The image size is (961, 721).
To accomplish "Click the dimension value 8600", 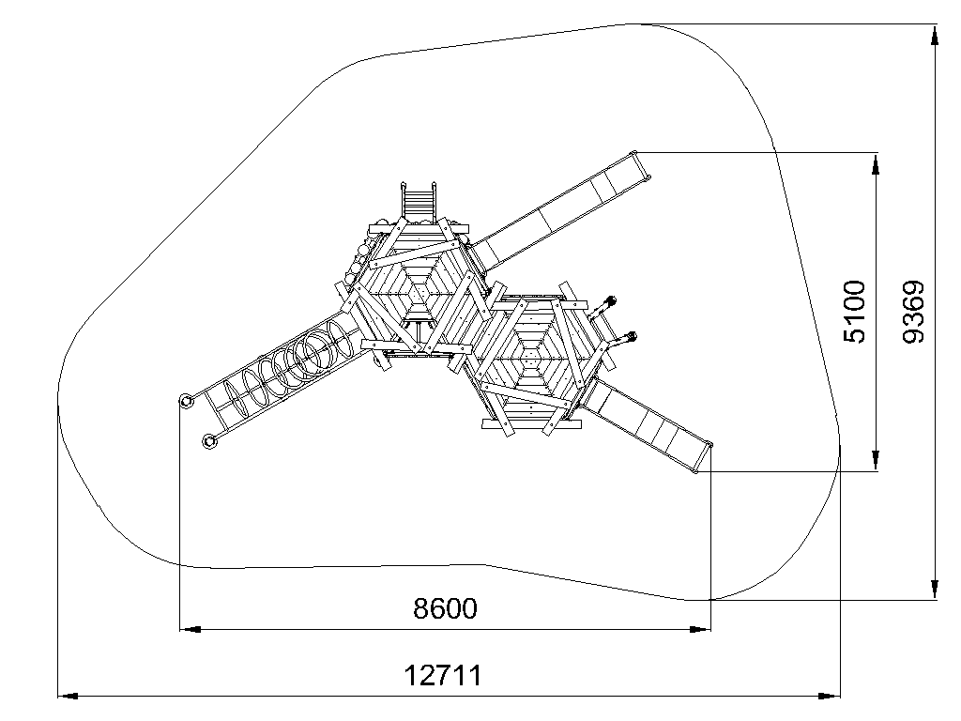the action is click(x=445, y=608).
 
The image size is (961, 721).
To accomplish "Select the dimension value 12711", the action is click(x=443, y=676).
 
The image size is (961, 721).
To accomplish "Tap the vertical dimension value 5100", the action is click(x=855, y=312).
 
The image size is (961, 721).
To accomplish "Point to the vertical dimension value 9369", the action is click(x=914, y=312).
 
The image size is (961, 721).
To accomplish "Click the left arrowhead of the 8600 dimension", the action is click(x=191, y=629).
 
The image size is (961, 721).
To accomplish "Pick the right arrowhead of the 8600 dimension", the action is click(x=700, y=629).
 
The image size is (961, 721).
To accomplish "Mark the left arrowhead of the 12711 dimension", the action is click(x=69, y=696).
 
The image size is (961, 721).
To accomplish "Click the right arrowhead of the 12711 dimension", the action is click(x=830, y=696).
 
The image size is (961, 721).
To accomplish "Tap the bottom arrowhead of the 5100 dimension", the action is click(x=876, y=460).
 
